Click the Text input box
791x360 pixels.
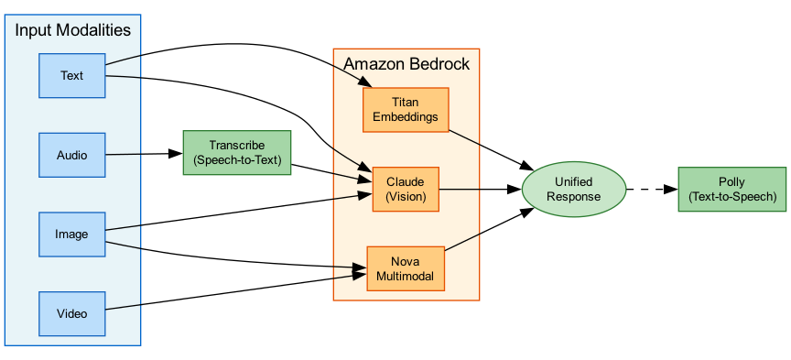[72, 75]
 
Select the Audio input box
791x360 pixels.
[72, 155]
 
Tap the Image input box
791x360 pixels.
[72, 234]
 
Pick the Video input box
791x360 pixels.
[72, 313]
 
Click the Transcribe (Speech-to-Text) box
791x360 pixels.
[237, 153]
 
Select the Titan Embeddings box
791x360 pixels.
[406, 110]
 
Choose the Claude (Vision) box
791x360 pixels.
[406, 190]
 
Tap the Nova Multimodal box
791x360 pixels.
[405, 268]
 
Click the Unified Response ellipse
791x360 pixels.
[573, 190]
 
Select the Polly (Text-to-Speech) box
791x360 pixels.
[731, 190]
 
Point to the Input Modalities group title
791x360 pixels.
[72, 30]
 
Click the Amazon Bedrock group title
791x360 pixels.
[406, 64]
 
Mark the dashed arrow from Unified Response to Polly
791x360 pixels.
[650, 190]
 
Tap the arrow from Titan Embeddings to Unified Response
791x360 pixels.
[490, 149]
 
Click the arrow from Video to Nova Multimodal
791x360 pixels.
[229, 293]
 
